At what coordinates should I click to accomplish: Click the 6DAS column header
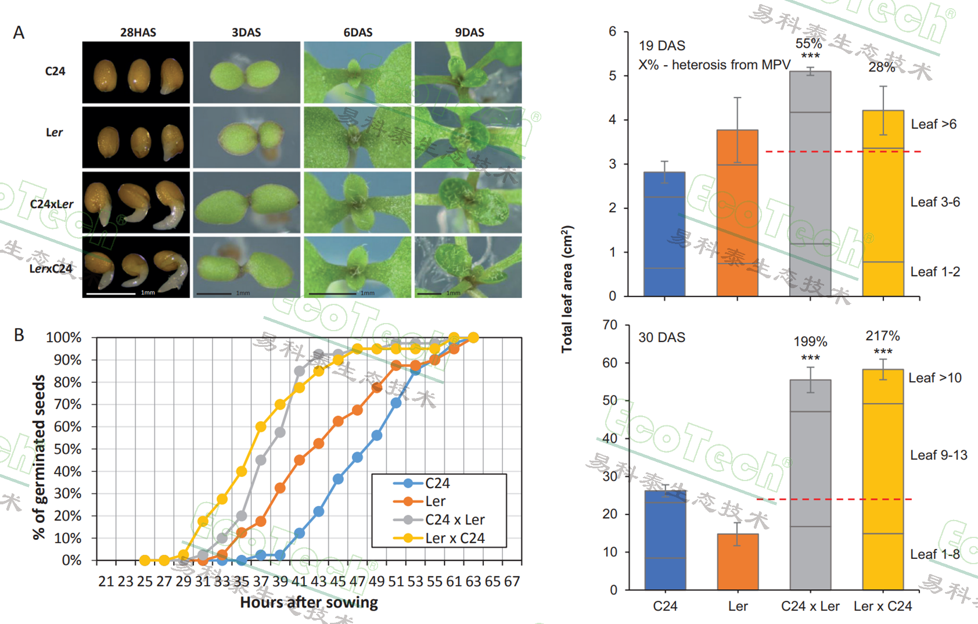(x=358, y=33)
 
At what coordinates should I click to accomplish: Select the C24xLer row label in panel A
(x=52, y=204)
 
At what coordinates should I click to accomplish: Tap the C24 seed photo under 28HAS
(x=136, y=73)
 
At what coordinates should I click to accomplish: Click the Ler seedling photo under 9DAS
(x=468, y=138)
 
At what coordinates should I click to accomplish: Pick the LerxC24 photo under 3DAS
(x=246, y=267)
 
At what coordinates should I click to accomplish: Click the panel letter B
(x=19, y=335)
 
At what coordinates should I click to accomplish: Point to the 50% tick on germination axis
(x=68, y=449)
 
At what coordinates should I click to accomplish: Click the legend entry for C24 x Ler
(x=454, y=519)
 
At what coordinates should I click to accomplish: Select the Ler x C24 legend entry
(x=454, y=538)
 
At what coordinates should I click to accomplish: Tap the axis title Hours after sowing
(x=309, y=603)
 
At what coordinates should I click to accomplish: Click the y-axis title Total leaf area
(x=567, y=289)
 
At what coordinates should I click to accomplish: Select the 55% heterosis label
(x=808, y=44)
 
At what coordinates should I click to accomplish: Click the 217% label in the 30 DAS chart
(x=882, y=336)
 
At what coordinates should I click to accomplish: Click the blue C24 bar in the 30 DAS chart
(x=665, y=540)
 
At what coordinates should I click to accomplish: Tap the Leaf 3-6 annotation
(x=934, y=202)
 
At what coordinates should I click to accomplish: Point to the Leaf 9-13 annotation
(x=939, y=456)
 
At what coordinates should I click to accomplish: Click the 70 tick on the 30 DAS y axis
(x=610, y=325)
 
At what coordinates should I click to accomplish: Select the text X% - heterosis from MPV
(x=714, y=65)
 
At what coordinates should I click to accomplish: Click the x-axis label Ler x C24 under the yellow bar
(x=883, y=607)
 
